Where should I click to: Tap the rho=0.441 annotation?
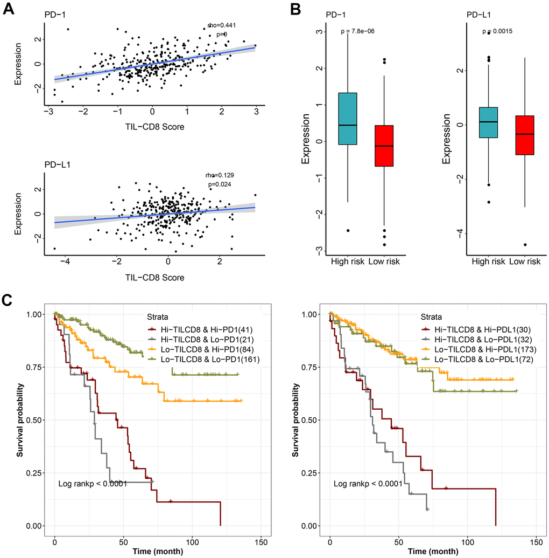tap(222, 25)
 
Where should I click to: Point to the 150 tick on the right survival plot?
tap(536, 540)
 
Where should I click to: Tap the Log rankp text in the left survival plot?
tap(92, 484)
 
